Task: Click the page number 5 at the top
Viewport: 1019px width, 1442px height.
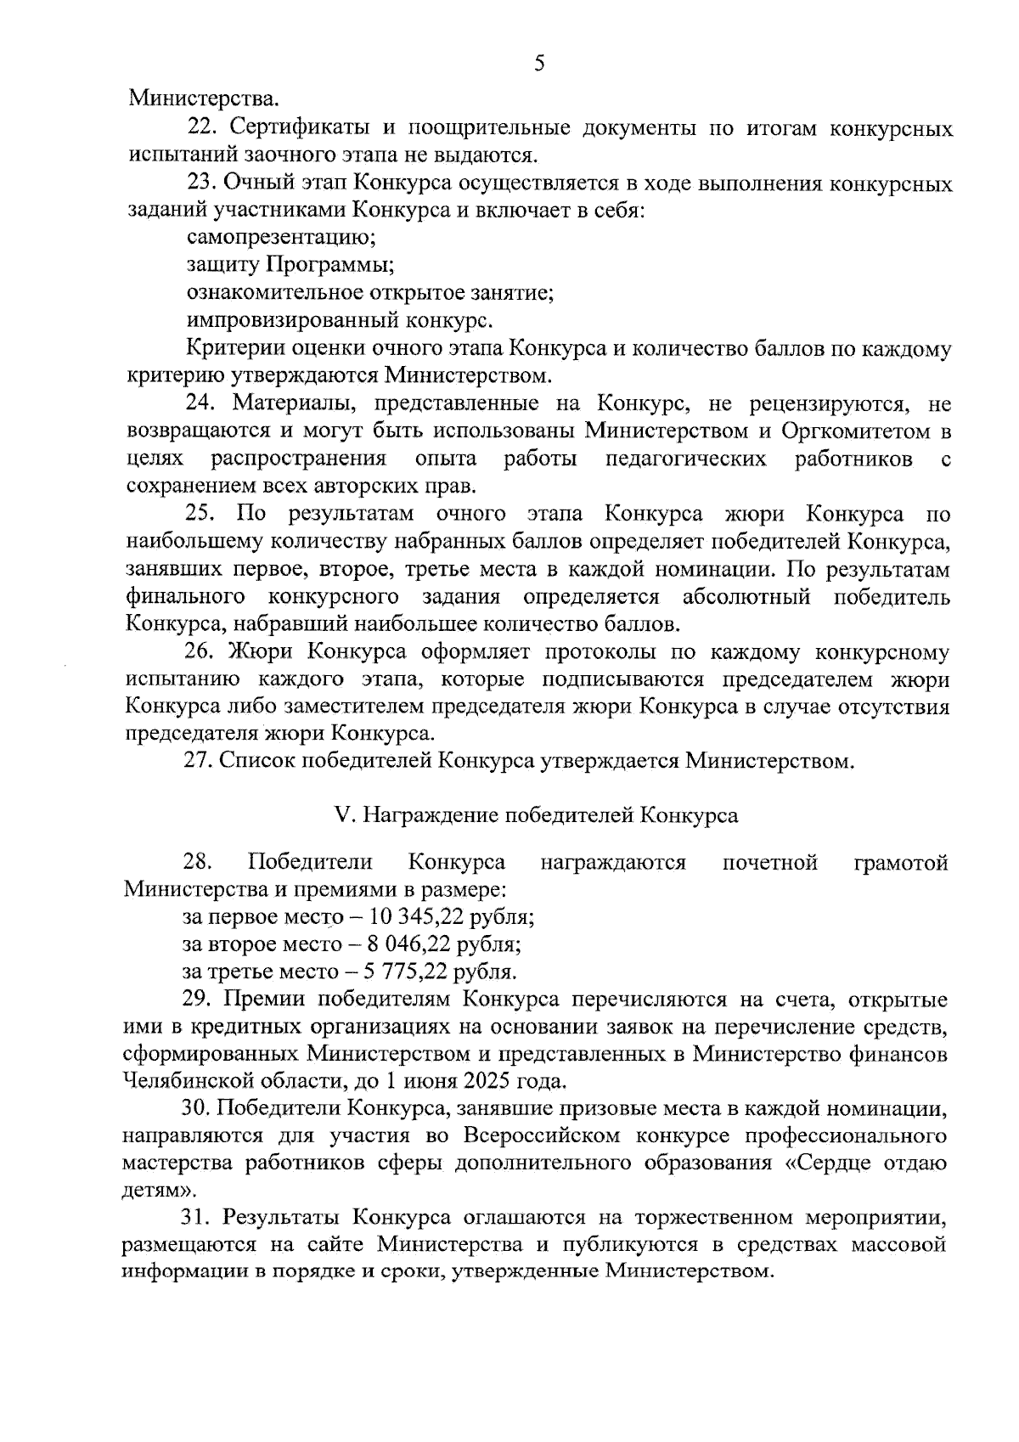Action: pyautogui.click(x=539, y=65)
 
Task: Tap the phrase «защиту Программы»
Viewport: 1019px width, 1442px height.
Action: pyautogui.click(x=290, y=265)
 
